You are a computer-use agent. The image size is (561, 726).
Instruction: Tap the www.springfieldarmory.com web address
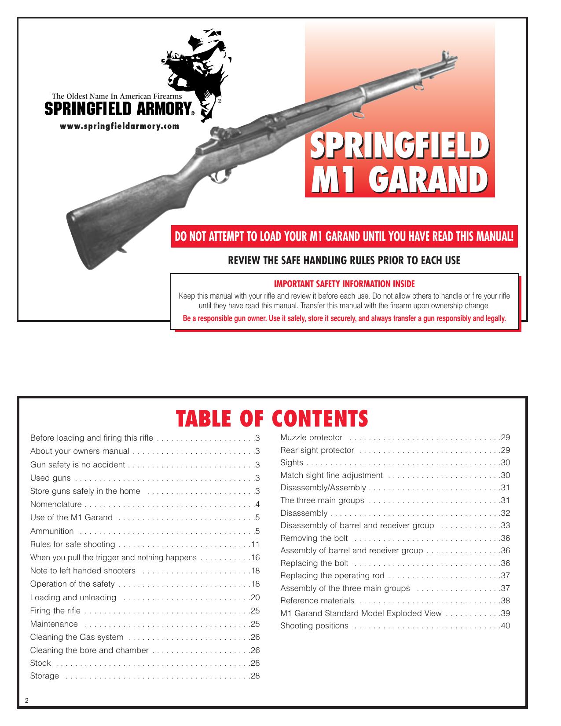(x=120, y=126)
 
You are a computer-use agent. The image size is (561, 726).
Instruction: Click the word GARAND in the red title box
(x=422, y=179)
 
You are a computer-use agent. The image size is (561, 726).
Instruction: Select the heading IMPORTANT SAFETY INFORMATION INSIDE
(x=344, y=284)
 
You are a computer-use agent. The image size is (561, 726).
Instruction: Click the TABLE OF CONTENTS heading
(x=271, y=418)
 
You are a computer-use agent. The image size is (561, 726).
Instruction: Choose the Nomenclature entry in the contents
(x=56, y=504)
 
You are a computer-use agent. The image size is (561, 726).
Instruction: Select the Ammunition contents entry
(x=52, y=531)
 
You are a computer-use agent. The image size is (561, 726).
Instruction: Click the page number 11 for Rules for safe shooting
(x=255, y=544)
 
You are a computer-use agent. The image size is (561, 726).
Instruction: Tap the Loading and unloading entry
(x=73, y=598)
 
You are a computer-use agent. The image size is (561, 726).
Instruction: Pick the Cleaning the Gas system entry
(x=77, y=637)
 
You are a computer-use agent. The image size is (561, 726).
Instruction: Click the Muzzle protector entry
(x=311, y=438)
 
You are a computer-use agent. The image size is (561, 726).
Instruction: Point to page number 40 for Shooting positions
(x=505, y=626)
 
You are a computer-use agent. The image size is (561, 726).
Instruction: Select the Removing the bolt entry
(x=314, y=538)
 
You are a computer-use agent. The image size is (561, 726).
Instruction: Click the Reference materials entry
(x=317, y=601)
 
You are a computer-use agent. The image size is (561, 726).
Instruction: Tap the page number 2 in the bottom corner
(x=27, y=701)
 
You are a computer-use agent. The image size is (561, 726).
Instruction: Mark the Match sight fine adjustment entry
(x=331, y=475)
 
